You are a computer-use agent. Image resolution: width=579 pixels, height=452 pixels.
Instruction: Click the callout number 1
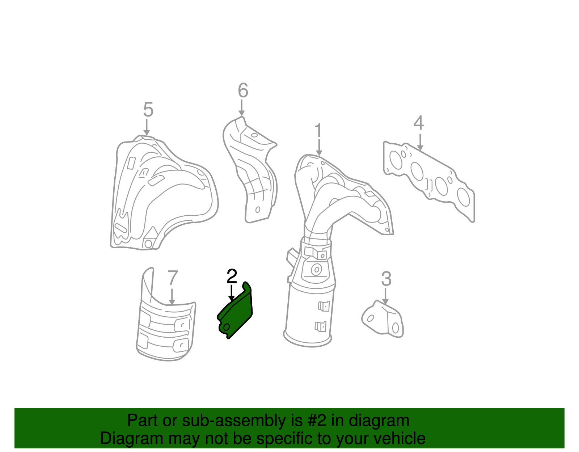click(x=318, y=131)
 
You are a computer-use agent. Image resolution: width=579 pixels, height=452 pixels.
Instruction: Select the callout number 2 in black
click(x=232, y=276)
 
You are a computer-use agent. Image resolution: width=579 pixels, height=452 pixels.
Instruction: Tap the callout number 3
click(x=386, y=279)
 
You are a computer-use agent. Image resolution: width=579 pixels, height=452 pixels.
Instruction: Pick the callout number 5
click(x=148, y=109)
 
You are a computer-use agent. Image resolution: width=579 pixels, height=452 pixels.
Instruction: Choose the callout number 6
click(x=243, y=90)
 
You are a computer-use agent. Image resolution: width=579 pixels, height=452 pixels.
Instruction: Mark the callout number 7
click(x=173, y=278)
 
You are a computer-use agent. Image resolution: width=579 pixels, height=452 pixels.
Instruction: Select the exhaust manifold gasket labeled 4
click(x=429, y=181)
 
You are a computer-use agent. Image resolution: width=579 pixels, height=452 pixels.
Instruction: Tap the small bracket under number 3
click(x=383, y=320)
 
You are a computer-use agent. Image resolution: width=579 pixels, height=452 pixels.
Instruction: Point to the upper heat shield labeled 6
click(x=250, y=170)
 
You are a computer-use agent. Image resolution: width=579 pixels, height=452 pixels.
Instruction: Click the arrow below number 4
click(x=420, y=143)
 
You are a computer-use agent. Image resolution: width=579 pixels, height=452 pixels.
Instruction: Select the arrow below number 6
click(x=241, y=108)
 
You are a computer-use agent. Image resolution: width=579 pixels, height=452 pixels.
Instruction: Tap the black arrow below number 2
click(x=232, y=293)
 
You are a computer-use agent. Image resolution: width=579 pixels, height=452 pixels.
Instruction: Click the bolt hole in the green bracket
click(x=227, y=327)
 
